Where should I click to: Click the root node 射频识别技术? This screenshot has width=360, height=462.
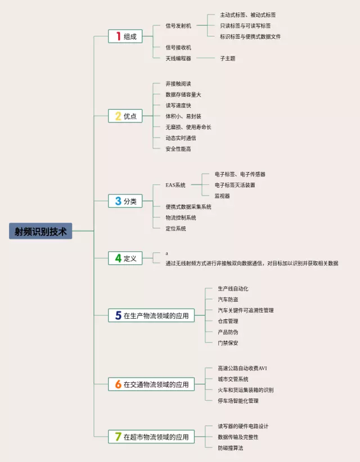pyautogui.click(x=40, y=231)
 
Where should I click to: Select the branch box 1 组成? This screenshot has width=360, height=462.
pyautogui.click(x=125, y=37)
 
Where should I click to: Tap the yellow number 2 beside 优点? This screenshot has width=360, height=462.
pyautogui.click(x=118, y=116)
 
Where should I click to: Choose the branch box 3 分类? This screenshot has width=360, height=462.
pyautogui.click(x=125, y=201)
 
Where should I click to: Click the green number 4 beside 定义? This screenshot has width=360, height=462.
pyautogui.click(x=118, y=259)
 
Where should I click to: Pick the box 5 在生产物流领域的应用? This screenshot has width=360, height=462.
pyautogui.click(x=151, y=316)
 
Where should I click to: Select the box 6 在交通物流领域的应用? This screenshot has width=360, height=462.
pyautogui.click(x=151, y=384)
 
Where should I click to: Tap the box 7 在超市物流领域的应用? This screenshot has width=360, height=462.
pyautogui.click(x=151, y=437)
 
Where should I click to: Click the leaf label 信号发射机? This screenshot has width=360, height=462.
pyautogui.click(x=178, y=26)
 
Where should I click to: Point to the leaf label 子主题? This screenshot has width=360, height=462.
pyautogui.click(x=228, y=58)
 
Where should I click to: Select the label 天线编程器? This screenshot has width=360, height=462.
pyautogui.click(x=178, y=58)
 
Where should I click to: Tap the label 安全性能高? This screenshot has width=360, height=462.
pyautogui.click(x=178, y=148)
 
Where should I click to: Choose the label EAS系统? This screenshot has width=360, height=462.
pyautogui.click(x=175, y=185)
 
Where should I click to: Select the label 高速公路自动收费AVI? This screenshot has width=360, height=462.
pyautogui.click(x=242, y=368)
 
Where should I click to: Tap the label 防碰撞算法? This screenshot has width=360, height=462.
pyautogui.click(x=231, y=447)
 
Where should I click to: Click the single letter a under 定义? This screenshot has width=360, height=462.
pyautogui.click(x=166, y=253)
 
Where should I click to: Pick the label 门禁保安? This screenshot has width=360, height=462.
pyautogui.click(x=228, y=343)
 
